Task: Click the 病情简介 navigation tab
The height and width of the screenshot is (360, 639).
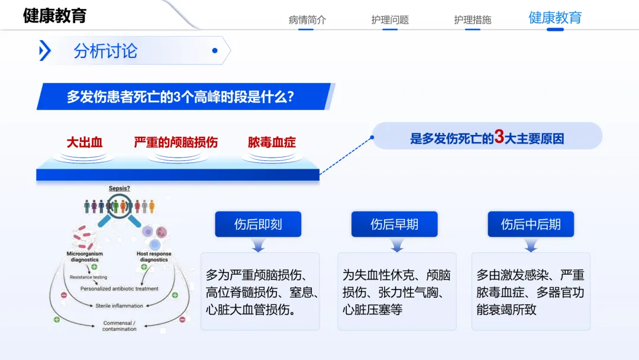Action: pos(307,20)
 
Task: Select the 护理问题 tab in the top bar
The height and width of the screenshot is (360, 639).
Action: pos(390,20)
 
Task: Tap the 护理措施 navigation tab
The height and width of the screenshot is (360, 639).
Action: pos(473,20)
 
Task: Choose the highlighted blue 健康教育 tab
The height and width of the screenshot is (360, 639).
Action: pos(555,18)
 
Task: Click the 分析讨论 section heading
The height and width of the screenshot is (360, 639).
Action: pos(105,51)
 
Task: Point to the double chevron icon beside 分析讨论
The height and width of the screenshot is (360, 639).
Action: pos(45,50)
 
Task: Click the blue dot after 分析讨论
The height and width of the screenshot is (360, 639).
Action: pos(215,50)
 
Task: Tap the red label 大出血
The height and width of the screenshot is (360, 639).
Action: pos(85,142)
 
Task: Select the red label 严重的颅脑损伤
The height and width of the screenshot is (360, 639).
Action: pos(176,142)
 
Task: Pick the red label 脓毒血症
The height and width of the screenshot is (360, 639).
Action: pos(272,142)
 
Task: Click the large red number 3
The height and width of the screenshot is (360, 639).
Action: pos(499,137)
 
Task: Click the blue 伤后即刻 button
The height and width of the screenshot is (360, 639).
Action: pos(258,224)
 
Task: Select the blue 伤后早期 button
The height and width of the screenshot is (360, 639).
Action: pos(395,224)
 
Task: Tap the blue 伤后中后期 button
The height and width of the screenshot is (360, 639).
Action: pos(531,224)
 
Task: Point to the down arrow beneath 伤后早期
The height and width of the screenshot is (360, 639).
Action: pos(397,246)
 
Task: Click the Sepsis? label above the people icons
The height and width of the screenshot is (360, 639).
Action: pos(120,188)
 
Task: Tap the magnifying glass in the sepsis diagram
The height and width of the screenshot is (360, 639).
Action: pos(119,210)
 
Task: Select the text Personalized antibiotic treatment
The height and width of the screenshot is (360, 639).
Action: pos(120,289)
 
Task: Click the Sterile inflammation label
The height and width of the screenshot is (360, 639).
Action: pos(120,306)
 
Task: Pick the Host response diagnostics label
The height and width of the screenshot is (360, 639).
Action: pos(154,256)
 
